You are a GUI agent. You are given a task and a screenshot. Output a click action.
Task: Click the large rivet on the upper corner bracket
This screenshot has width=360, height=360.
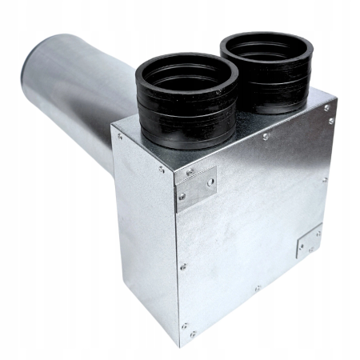(209, 182)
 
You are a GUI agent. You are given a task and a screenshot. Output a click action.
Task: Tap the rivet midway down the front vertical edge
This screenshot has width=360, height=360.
(182, 266)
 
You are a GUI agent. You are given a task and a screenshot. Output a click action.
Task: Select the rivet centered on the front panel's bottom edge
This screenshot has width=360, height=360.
(257, 288)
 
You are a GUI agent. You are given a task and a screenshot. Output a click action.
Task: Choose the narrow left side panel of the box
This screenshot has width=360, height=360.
(148, 232)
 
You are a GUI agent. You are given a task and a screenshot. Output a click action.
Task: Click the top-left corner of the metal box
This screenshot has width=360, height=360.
(114, 128)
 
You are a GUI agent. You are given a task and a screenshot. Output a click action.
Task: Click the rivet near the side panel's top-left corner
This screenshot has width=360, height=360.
(121, 137)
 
